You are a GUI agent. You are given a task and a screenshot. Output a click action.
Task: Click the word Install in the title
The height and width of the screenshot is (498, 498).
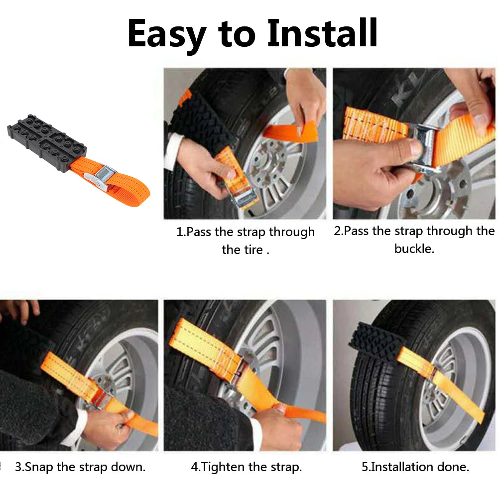(322, 33)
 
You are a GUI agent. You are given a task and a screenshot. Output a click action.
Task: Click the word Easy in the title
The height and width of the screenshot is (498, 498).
(167, 33)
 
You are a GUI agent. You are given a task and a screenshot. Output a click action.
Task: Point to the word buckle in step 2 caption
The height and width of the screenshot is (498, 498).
(414, 249)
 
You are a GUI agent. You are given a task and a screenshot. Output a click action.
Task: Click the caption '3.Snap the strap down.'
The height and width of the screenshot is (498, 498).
(80, 467)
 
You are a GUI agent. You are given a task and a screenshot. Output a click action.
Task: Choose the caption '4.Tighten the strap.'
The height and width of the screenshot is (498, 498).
(246, 467)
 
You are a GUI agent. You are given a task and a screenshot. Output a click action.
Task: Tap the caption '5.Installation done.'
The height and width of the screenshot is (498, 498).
(415, 467)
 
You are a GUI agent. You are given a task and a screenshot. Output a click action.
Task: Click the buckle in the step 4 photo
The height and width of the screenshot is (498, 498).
(243, 371)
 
